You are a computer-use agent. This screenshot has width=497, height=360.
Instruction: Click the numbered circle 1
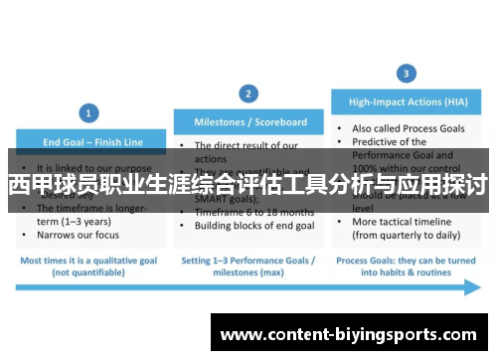point(88,113)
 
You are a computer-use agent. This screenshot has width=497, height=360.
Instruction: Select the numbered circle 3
point(407,74)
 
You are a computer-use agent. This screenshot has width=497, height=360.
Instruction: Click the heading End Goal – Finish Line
point(86,141)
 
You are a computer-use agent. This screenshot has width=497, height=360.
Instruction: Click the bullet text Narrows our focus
point(77,236)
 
